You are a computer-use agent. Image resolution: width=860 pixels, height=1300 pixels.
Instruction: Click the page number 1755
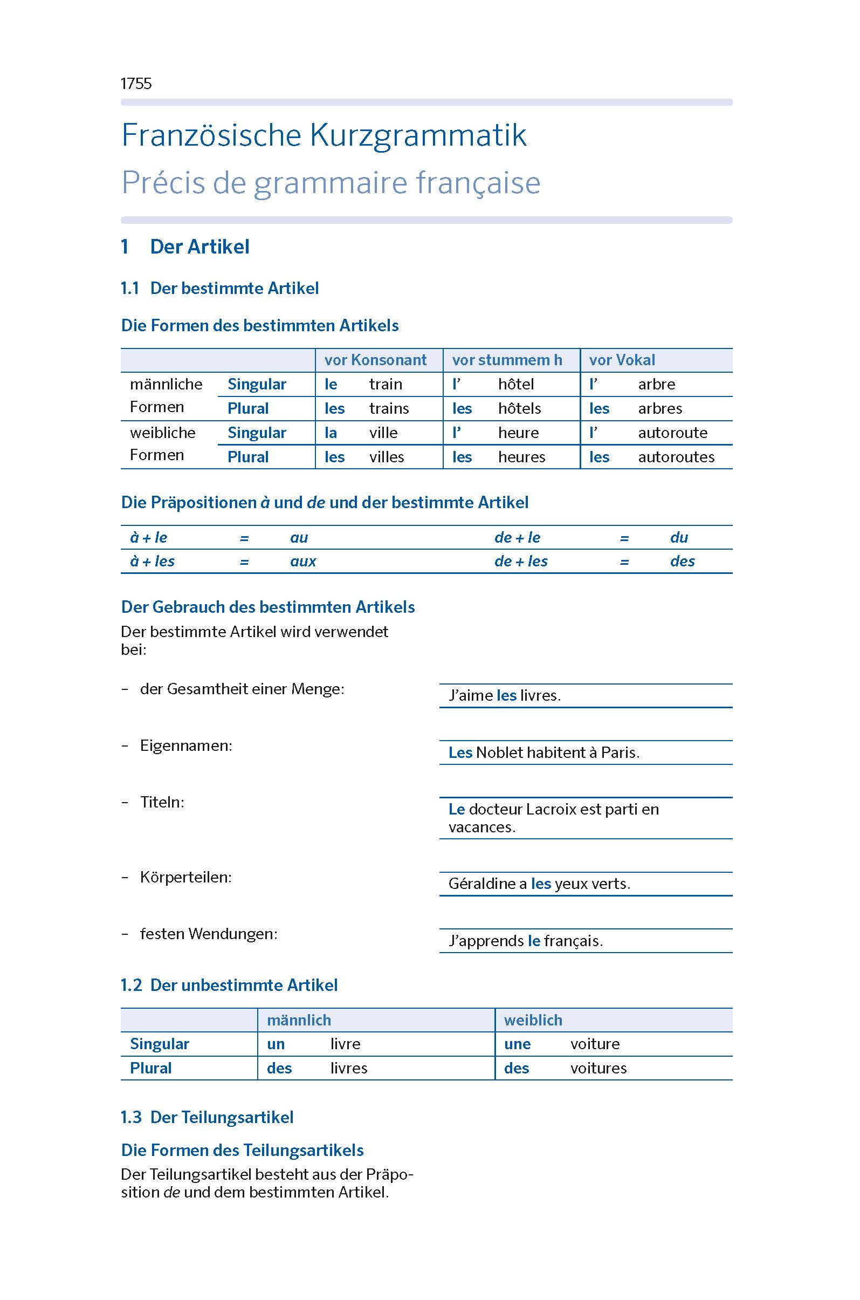pyautogui.click(x=135, y=84)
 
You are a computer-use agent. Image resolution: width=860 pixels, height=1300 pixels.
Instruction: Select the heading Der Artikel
pyautogui.click(x=199, y=247)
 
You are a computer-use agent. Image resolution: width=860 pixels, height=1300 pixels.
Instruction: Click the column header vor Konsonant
pyautogui.click(x=375, y=360)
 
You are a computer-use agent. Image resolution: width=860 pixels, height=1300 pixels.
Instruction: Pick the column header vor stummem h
pyautogui.click(x=507, y=360)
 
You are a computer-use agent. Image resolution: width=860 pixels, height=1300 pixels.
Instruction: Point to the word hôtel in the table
pyautogui.click(x=515, y=384)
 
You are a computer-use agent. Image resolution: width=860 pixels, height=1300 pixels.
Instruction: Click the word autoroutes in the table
pyautogui.click(x=676, y=457)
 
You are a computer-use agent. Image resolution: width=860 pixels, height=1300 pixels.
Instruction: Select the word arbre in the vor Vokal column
pyautogui.click(x=656, y=384)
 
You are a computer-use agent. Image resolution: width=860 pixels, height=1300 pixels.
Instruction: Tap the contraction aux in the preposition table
pyautogui.click(x=303, y=562)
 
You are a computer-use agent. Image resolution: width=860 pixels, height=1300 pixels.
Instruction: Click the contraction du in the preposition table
pyautogui.click(x=678, y=538)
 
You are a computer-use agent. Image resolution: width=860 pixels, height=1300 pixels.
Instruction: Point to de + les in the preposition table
pyautogui.click(x=520, y=562)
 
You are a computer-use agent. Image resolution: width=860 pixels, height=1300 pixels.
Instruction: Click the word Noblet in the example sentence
pyautogui.click(x=500, y=752)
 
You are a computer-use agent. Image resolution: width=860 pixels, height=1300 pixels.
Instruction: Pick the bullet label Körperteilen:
pyautogui.click(x=185, y=877)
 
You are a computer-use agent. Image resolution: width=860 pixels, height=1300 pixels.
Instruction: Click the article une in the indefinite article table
pyautogui.click(x=517, y=1044)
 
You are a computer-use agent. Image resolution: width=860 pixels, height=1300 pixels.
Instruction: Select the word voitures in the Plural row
pyautogui.click(x=598, y=1068)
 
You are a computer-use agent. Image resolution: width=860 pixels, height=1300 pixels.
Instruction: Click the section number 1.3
pyautogui.click(x=131, y=1117)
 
